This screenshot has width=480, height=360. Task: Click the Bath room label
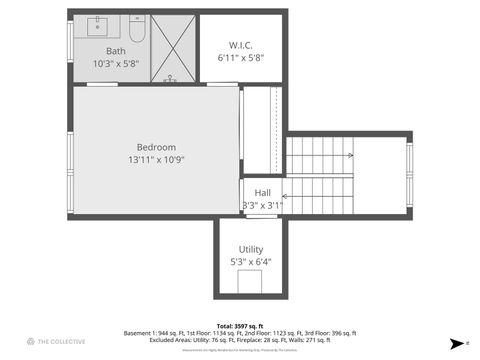pos(116,51)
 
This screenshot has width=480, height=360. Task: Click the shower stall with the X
pos(172,48)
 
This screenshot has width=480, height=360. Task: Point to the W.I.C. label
pos(240,45)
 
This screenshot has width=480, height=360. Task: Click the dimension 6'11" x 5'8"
pos(240,58)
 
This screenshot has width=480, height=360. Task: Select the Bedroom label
pos(156,147)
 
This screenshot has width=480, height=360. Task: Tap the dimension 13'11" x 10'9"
pos(156,160)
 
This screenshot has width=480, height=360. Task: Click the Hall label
pos(262,193)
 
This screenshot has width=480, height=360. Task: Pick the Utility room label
pos(250,249)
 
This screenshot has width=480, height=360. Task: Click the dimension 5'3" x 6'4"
pos(250,262)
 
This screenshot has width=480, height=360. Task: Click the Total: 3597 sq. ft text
pos(240,326)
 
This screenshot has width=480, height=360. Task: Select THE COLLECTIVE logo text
pos(60,342)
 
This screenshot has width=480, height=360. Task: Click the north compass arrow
pos(456,342)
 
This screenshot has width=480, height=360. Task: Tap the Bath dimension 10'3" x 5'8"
pos(116,63)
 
